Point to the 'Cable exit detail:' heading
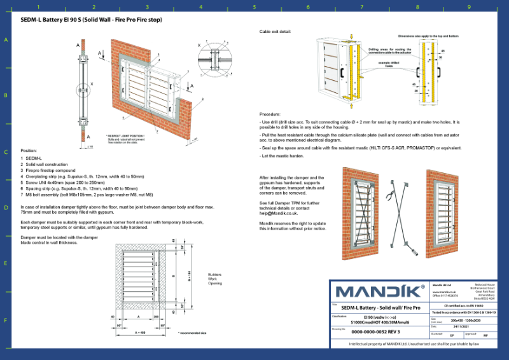pyautogui.click(x=275, y=31)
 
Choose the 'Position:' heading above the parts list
pyautogui.click(x=29, y=151)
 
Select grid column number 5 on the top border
pyautogui.click(x=254, y=7)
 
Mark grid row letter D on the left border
pyautogui.click(x=6, y=208)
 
